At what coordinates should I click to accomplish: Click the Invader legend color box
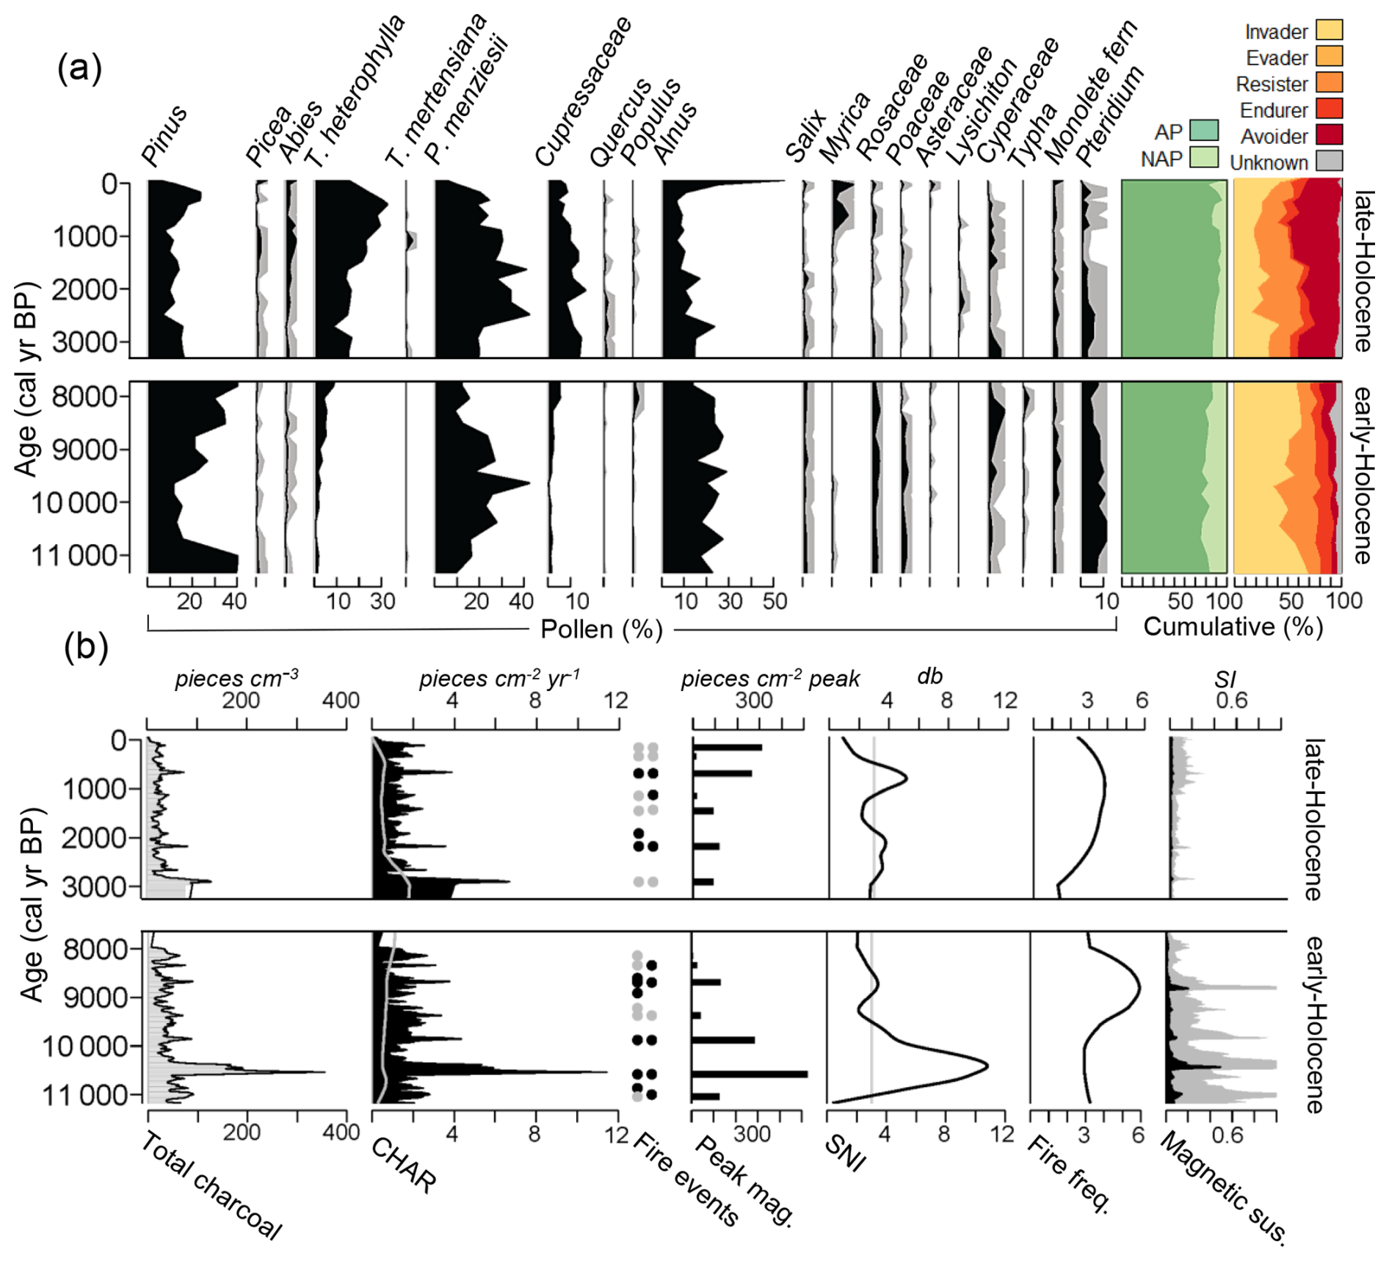coord(1329,30)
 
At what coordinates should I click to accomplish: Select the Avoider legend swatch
coord(1329,135)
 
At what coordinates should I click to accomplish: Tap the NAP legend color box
coord(1204,157)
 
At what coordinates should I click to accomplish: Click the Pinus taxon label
coord(164,137)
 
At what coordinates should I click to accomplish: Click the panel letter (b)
coord(86,646)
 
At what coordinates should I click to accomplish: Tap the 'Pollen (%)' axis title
coord(601,629)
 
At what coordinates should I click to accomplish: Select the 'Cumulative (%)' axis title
coord(1233,626)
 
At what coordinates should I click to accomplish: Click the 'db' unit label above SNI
coord(929,676)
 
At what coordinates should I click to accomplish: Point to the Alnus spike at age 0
coord(783,181)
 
